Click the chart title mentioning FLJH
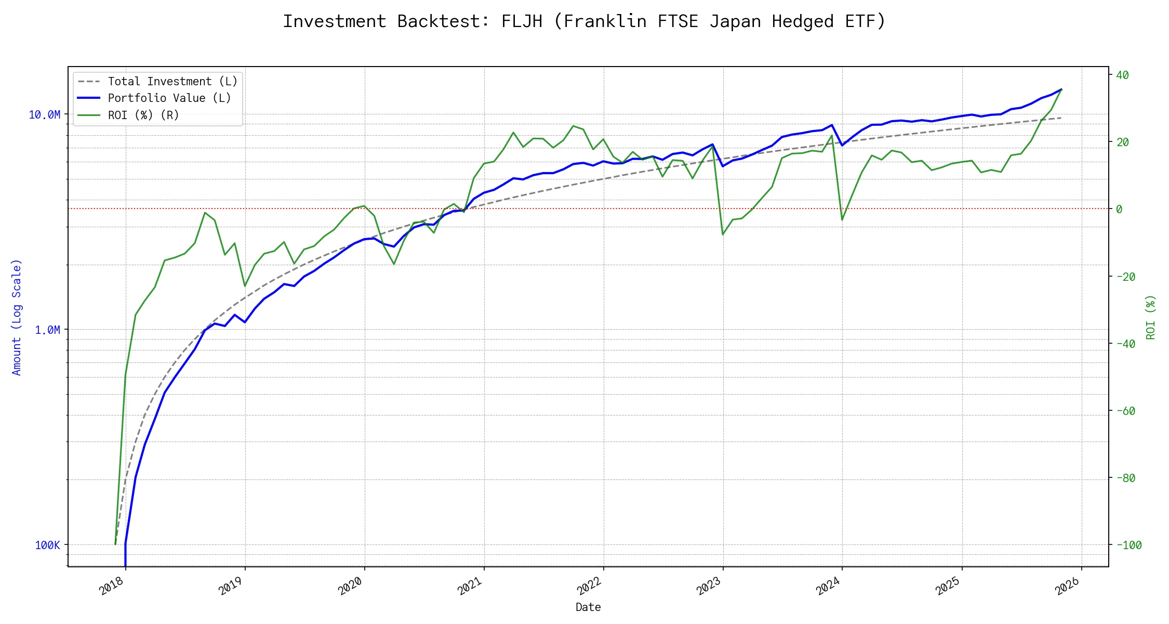pos(584,21)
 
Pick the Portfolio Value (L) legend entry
pos(169,98)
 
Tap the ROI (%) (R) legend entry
pos(143,115)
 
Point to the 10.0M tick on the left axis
pos(44,115)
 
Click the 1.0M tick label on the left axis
pos(47,330)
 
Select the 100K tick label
pos(47,545)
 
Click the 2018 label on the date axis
pos(112,586)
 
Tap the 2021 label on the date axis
pos(470,586)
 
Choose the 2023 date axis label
pos(709,586)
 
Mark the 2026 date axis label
pos(1068,586)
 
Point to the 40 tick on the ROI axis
pos(1122,75)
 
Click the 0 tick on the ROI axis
pos(1119,210)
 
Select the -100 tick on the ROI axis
pos(1128,545)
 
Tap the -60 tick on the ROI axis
pos(1125,411)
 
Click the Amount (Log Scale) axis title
pos(17,317)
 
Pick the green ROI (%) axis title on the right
pos(1151,317)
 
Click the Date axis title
pos(588,607)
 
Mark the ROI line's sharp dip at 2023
pos(723,235)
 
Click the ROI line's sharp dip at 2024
pos(842,219)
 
